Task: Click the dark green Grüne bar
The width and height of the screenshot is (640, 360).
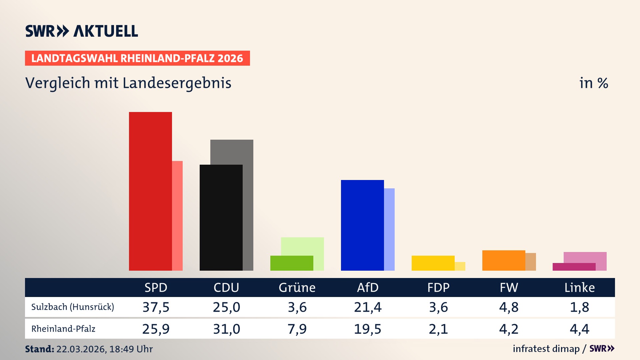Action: click(x=292, y=263)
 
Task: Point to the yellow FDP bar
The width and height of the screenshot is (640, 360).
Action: click(x=433, y=263)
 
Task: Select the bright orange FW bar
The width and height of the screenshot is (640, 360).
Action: click(x=504, y=260)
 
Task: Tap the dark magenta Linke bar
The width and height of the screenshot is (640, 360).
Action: click(x=574, y=267)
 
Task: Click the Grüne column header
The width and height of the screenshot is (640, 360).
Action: click(x=297, y=287)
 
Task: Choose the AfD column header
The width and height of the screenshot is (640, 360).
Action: click(x=368, y=287)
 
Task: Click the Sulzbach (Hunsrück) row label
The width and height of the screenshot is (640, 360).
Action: click(x=73, y=307)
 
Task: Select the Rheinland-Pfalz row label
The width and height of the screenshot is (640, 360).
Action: click(x=63, y=329)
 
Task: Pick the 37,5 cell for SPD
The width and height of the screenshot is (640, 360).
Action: click(x=156, y=307)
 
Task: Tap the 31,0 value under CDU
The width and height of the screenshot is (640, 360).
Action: click(x=226, y=329)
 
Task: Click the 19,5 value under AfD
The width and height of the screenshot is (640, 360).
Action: click(x=368, y=329)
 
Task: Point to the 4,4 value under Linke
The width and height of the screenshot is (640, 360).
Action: click(x=579, y=329)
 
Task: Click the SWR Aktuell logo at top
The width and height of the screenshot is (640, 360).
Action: click(x=82, y=31)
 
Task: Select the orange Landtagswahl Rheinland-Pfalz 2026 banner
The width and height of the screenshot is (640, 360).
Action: click(x=137, y=58)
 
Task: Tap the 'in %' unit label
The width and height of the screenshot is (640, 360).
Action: click(x=593, y=83)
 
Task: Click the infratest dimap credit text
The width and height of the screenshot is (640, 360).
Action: click(x=546, y=349)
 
